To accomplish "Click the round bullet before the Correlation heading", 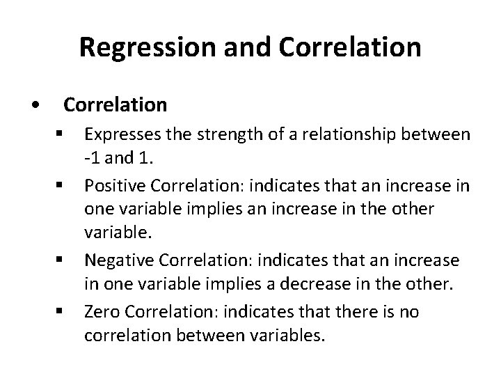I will click(x=35, y=105).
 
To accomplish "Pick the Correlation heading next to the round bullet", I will click(x=116, y=104).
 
